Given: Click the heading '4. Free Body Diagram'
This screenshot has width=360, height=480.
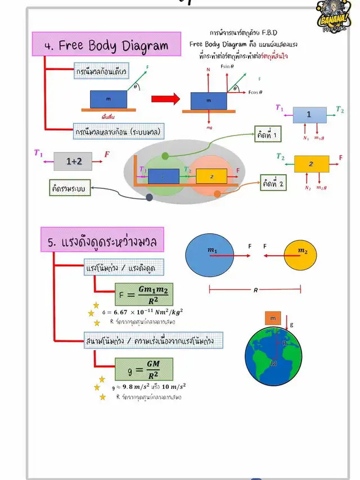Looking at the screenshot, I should (x=107, y=46).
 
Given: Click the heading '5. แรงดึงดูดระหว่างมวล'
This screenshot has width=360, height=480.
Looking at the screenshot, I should (x=102, y=242).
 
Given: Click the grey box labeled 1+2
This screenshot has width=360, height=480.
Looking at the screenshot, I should (x=73, y=161).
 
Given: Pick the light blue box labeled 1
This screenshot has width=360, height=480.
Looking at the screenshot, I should (x=308, y=114).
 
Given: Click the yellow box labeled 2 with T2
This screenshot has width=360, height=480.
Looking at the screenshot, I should (x=311, y=164).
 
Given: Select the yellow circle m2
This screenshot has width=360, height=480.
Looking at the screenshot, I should (x=303, y=255).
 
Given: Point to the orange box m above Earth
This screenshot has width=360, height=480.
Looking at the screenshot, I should (x=273, y=319).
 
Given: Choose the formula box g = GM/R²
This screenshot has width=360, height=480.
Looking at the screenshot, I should (x=143, y=369).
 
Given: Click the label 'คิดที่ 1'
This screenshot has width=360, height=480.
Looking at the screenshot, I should (x=269, y=136).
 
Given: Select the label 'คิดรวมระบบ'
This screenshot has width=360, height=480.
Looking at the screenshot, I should (x=69, y=189).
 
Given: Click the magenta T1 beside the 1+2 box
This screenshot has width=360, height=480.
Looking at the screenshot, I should (x=38, y=153).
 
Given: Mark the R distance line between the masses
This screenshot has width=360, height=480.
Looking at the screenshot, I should (x=255, y=290).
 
